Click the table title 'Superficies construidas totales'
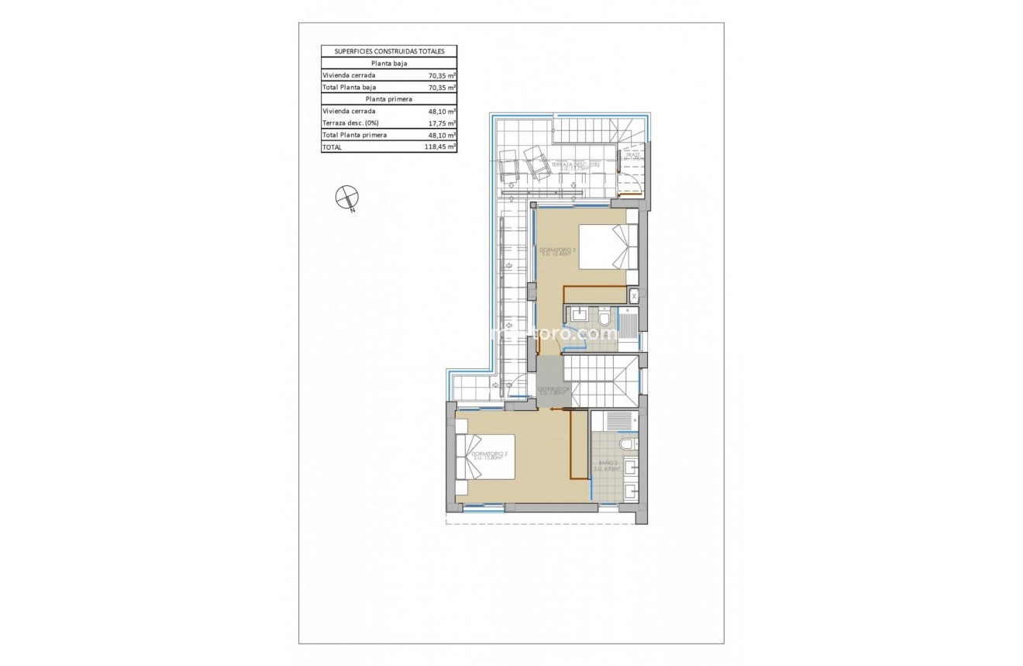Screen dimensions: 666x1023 pos(389,51)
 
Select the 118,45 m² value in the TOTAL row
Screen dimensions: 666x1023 pos(442,146)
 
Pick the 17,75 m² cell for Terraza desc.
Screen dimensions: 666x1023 pos(442,123)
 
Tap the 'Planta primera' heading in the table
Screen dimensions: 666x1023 pos(389,99)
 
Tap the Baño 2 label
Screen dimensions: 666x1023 pos(608,467)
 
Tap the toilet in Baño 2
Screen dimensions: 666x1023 pos(629,443)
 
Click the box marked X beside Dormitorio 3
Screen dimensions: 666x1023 pos(634,295)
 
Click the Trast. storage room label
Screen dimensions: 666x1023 pos(632,156)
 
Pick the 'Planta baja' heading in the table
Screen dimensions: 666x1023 pos(389,64)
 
